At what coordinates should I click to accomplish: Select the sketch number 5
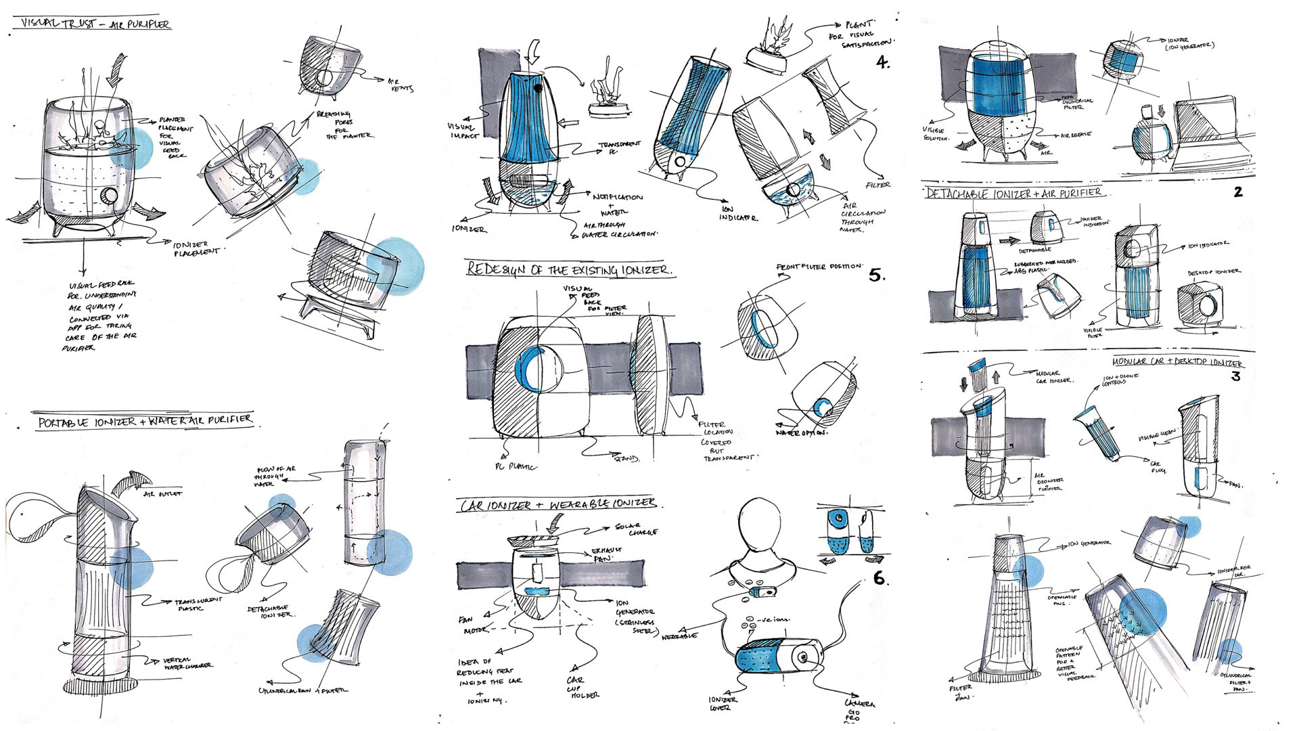876,275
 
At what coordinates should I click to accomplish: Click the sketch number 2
1237,192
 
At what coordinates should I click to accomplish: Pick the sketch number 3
1235,376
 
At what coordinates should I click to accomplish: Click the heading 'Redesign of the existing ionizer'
570,269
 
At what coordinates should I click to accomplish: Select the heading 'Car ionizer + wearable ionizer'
557,504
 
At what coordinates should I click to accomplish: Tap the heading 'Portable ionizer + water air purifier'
145,420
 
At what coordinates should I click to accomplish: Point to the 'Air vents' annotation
401,84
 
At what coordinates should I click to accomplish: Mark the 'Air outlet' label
162,494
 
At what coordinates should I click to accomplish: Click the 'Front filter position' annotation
819,267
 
